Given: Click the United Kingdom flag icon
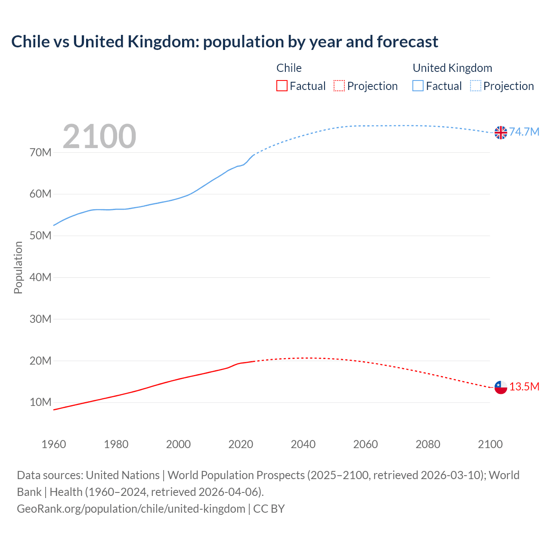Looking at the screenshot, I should point(501,133).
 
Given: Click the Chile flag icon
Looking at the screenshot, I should point(501,387).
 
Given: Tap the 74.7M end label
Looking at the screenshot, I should point(524,132).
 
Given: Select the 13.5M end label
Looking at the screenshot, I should point(524,387).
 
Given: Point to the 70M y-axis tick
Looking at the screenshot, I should point(40,152).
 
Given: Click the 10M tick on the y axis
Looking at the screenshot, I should point(40,402).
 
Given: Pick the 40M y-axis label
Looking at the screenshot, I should point(40,277).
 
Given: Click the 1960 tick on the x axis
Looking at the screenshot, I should point(54,444).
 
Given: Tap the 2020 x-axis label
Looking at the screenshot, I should point(241,444).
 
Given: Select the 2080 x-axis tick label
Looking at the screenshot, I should point(428,444).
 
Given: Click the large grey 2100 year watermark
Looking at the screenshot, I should point(99,136).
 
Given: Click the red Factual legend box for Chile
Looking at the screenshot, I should point(282,86).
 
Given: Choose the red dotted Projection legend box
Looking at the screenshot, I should point(339,86).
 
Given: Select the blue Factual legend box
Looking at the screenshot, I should point(418,86).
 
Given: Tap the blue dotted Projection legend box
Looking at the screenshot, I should point(476,86).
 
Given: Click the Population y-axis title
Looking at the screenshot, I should point(18,267).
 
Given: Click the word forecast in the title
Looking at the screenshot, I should point(407,42).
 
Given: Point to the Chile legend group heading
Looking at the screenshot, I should point(289,68).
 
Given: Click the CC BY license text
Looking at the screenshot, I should point(269,509).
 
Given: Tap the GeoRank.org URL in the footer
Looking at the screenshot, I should point(131,509).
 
